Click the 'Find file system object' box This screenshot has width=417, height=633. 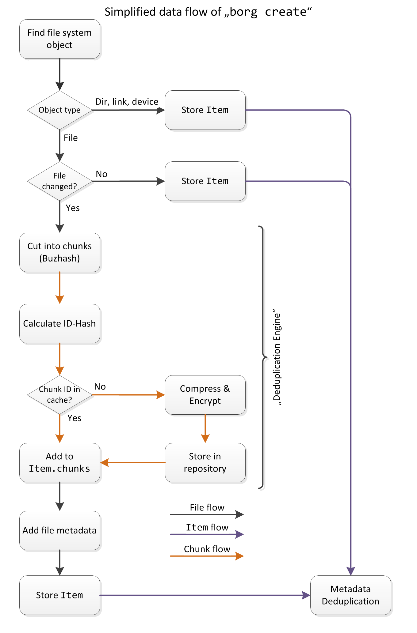tap(59, 39)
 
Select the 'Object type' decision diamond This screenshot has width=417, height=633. tap(59, 110)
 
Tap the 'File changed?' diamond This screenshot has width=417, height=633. tap(59, 181)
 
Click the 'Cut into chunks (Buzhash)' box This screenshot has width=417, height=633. tap(59, 252)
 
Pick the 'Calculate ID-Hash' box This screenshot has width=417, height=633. tap(59, 323)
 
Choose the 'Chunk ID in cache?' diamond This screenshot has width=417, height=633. tap(59, 395)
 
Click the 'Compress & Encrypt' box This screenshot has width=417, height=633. tap(205, 395)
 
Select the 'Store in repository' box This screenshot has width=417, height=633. tap(205, 462)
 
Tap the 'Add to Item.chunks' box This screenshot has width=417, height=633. tap(59, 462)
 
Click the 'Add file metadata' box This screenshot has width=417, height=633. tap(59, 530)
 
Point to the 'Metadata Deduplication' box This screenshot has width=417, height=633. tap(350, 595)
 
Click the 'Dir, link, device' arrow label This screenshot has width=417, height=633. tap(127, 102)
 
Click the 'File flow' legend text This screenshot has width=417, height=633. tap(207, 507)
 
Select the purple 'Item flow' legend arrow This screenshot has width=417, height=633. tap(207, 534)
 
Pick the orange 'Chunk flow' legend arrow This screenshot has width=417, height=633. tap(207, 556)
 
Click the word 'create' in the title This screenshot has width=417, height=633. tap(285, 12)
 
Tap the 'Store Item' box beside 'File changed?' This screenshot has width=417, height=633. tap(205, 181)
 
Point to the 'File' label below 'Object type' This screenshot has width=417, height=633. tap(71, 138)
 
